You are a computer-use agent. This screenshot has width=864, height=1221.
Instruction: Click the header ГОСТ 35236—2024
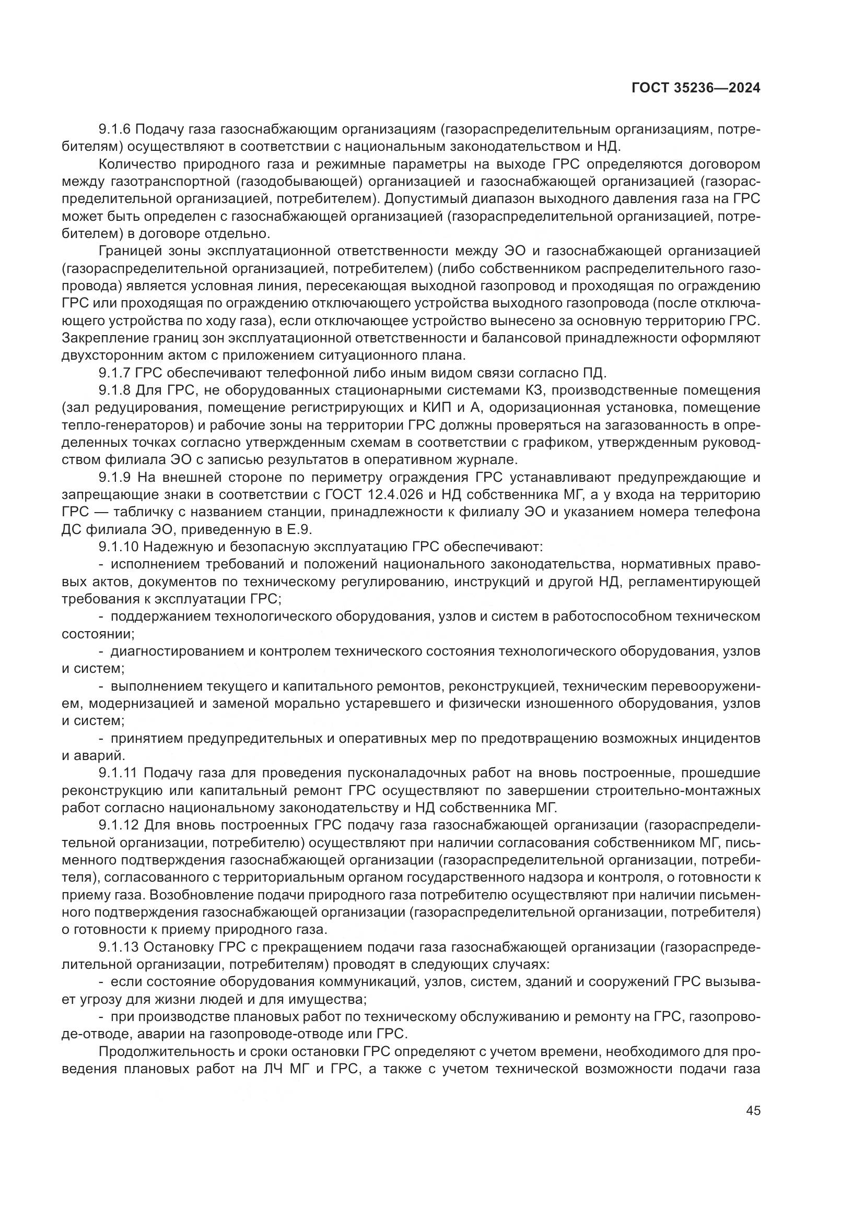(695, 88)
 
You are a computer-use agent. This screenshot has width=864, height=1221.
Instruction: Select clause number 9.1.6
(116, 129)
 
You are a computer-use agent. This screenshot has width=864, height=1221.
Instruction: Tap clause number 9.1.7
(116, 373)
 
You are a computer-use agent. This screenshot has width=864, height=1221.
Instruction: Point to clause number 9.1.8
(116, 390)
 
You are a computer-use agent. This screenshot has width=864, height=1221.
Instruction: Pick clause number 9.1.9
(116, 477)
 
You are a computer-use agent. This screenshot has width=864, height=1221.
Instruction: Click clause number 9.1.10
(120, 547)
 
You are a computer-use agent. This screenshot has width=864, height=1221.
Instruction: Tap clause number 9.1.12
(120, 825)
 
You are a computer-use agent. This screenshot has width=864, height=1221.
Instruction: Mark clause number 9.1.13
(120, 947)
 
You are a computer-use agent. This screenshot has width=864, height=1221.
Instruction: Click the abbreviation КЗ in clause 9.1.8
(536, 390)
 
